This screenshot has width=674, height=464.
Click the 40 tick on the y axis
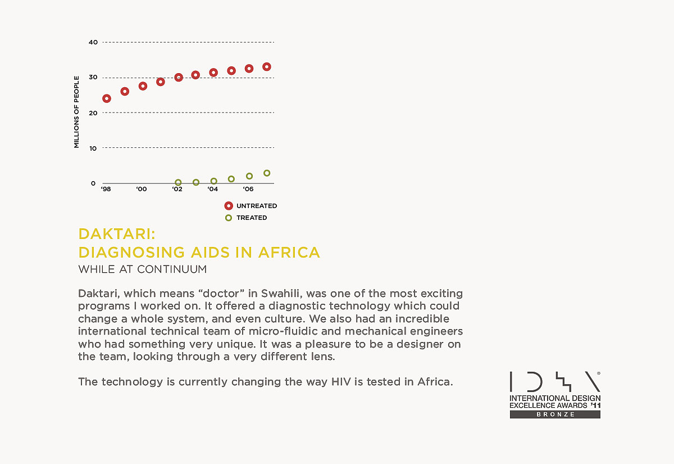pos(93,42)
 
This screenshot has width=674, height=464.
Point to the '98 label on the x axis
pos(106,190)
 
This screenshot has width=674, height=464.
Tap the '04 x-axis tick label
pos(212,190)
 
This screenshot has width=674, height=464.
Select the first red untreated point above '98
pos(107,98)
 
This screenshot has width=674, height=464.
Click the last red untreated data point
pos(267,67)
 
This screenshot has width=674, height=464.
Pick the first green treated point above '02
pos(178,183)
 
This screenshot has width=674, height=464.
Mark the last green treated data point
pos(267,173)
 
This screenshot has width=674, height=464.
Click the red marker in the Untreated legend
pos(229,206)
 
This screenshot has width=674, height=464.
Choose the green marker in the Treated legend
pos(229,218)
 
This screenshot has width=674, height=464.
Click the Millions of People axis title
pos(77,112)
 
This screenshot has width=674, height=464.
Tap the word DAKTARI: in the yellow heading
pos(116,234)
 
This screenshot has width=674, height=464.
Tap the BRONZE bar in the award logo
pos(555,415)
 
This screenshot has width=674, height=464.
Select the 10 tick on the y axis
pos(93,148)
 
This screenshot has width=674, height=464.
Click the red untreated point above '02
pos(179,77)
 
